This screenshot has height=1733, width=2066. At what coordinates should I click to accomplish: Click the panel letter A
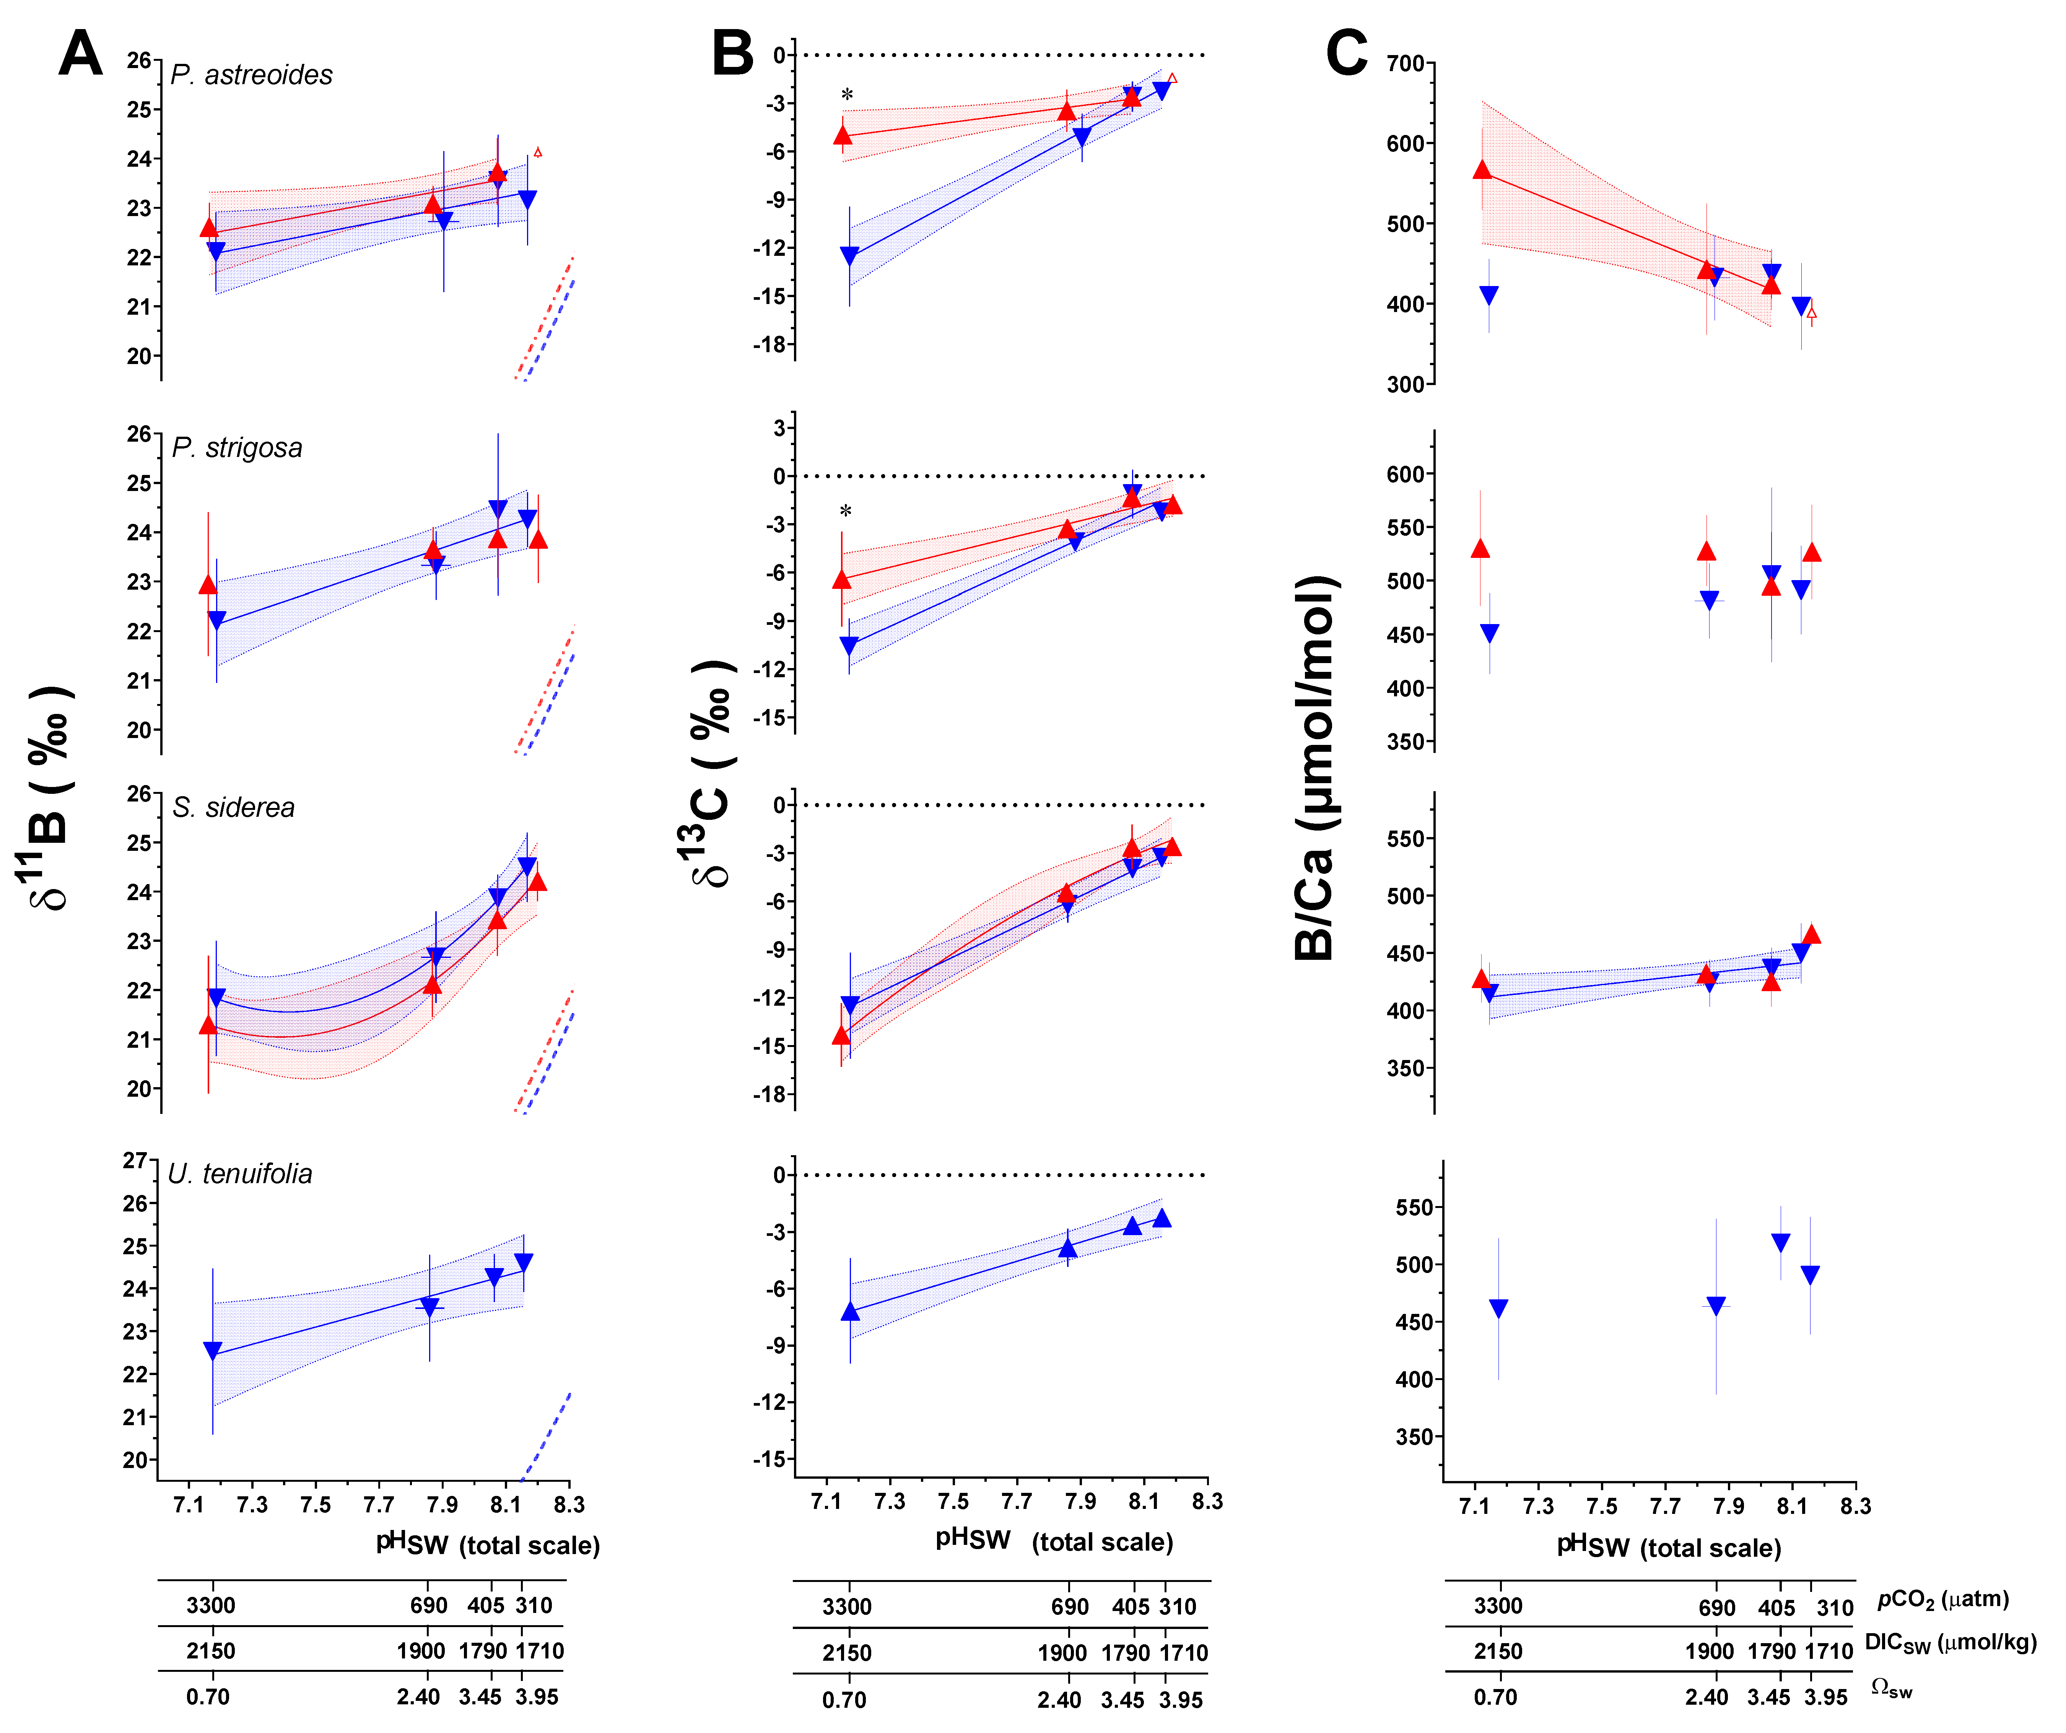(81, 54)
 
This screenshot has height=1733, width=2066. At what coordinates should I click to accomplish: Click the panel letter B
(733, 54)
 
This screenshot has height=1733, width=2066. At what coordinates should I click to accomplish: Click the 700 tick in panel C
(1405, 64)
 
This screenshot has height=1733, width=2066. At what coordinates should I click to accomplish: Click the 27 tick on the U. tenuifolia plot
(135, 1161)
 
